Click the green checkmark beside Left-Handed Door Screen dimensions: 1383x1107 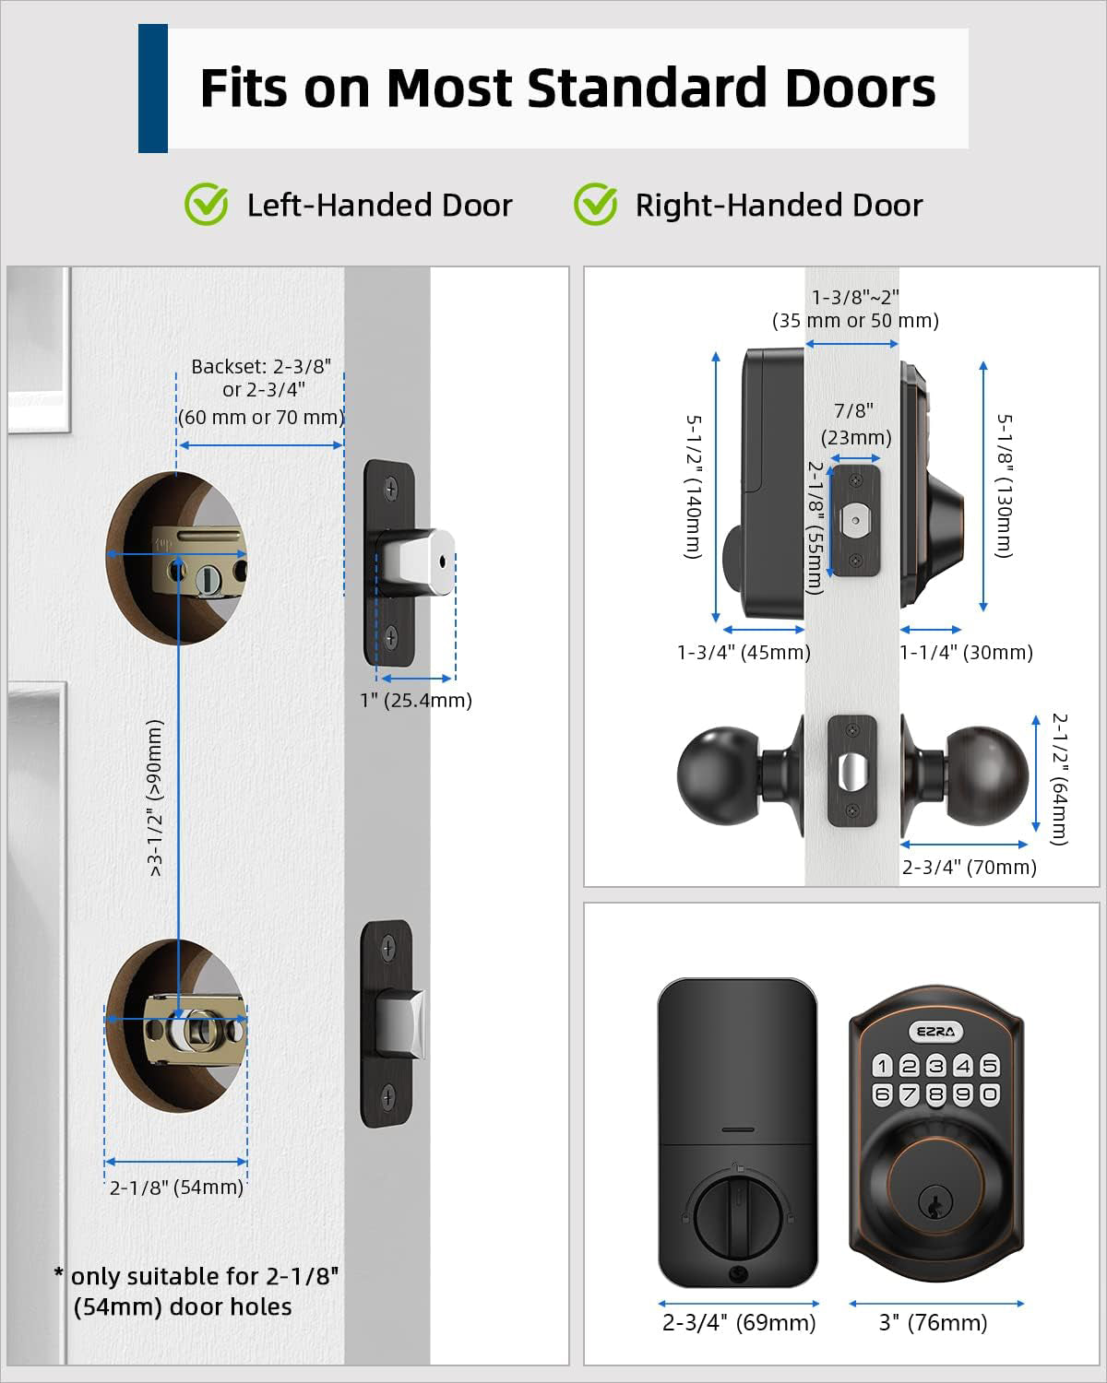click(207, 204)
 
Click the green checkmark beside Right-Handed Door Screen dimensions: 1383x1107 click(595, 204)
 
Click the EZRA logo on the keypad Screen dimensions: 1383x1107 click(935, 1032)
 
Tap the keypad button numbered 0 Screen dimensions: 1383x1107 click(990, 1094)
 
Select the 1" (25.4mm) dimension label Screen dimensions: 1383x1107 click(416, 701)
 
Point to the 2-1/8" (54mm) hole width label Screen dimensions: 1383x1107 click(176, 1188)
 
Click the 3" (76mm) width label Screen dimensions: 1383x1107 click(933, 1323)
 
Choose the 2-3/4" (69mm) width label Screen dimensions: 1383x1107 click(739, 1323)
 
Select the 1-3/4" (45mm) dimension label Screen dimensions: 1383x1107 click(744, 653)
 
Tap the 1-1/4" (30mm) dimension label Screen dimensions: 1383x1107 click(966, 653)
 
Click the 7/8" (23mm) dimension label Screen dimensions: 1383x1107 click(856, 424)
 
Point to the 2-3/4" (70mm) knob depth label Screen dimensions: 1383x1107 click(969, 867)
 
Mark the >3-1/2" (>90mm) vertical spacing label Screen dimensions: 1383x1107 click(156, 798)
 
